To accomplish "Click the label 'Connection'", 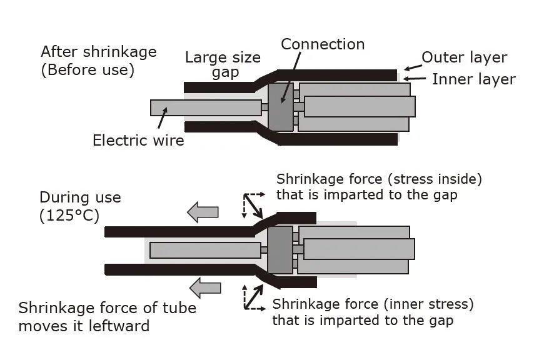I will [x=323, y=44].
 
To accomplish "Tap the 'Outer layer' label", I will [x=464, y=58].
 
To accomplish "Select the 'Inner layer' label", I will [x=473, y=79].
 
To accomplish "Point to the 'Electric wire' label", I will [x=138, y=140].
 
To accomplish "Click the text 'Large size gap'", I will [x=223, y=65].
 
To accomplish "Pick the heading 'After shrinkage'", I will [x=99, y=51].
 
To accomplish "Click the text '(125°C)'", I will [x=71, y=216].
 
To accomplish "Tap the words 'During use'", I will [x=80, y=197].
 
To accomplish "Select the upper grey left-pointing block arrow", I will [x=204, y=212].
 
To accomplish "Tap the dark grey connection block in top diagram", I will [x=280, y=107].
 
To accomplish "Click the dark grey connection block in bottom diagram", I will [x=280, y=250].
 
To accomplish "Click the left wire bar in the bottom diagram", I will [x=205, y=250].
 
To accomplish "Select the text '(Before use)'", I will [x=88, y=70].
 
